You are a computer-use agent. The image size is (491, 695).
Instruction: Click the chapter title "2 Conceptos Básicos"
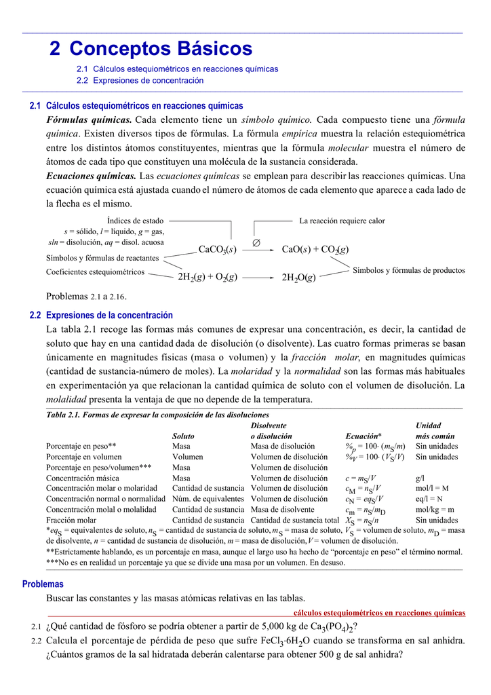151,49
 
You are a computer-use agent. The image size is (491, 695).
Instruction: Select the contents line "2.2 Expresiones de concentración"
140,80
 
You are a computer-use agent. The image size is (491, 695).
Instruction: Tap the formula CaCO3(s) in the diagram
217,250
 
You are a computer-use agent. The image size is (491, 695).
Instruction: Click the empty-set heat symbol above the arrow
256,242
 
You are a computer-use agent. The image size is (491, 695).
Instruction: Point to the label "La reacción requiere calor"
342,221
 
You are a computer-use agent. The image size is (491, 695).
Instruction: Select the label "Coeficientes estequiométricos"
95,272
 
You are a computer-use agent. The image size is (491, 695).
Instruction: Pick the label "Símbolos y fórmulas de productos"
409,270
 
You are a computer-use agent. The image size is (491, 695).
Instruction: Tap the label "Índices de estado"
136,221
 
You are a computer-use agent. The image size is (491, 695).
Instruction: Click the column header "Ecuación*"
364,436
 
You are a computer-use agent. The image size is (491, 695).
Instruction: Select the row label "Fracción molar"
71,520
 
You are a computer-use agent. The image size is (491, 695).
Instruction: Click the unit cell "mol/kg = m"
435,510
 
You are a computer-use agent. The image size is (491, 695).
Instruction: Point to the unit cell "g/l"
420,478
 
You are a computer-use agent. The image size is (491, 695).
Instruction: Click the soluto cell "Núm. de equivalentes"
208,499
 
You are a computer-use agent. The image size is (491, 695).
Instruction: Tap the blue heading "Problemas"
43,584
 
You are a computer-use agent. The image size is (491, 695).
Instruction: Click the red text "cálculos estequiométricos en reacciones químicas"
379,613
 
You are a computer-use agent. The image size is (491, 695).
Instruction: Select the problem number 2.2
37,641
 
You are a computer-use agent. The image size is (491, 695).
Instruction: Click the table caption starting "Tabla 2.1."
157,415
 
